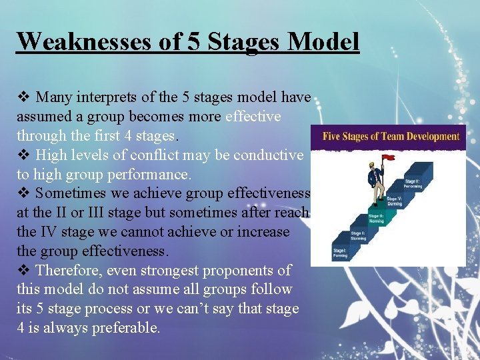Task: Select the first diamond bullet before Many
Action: pyautogui.click(x=23, y=97)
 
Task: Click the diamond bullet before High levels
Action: pyautogui.click(x=23, y=155)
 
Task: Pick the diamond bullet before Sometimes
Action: pyautogui.click(x=23, y=194)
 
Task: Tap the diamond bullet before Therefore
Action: pyautogui.click(x=23, y=271)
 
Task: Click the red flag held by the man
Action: pyautogui.click(x=388, y=158)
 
